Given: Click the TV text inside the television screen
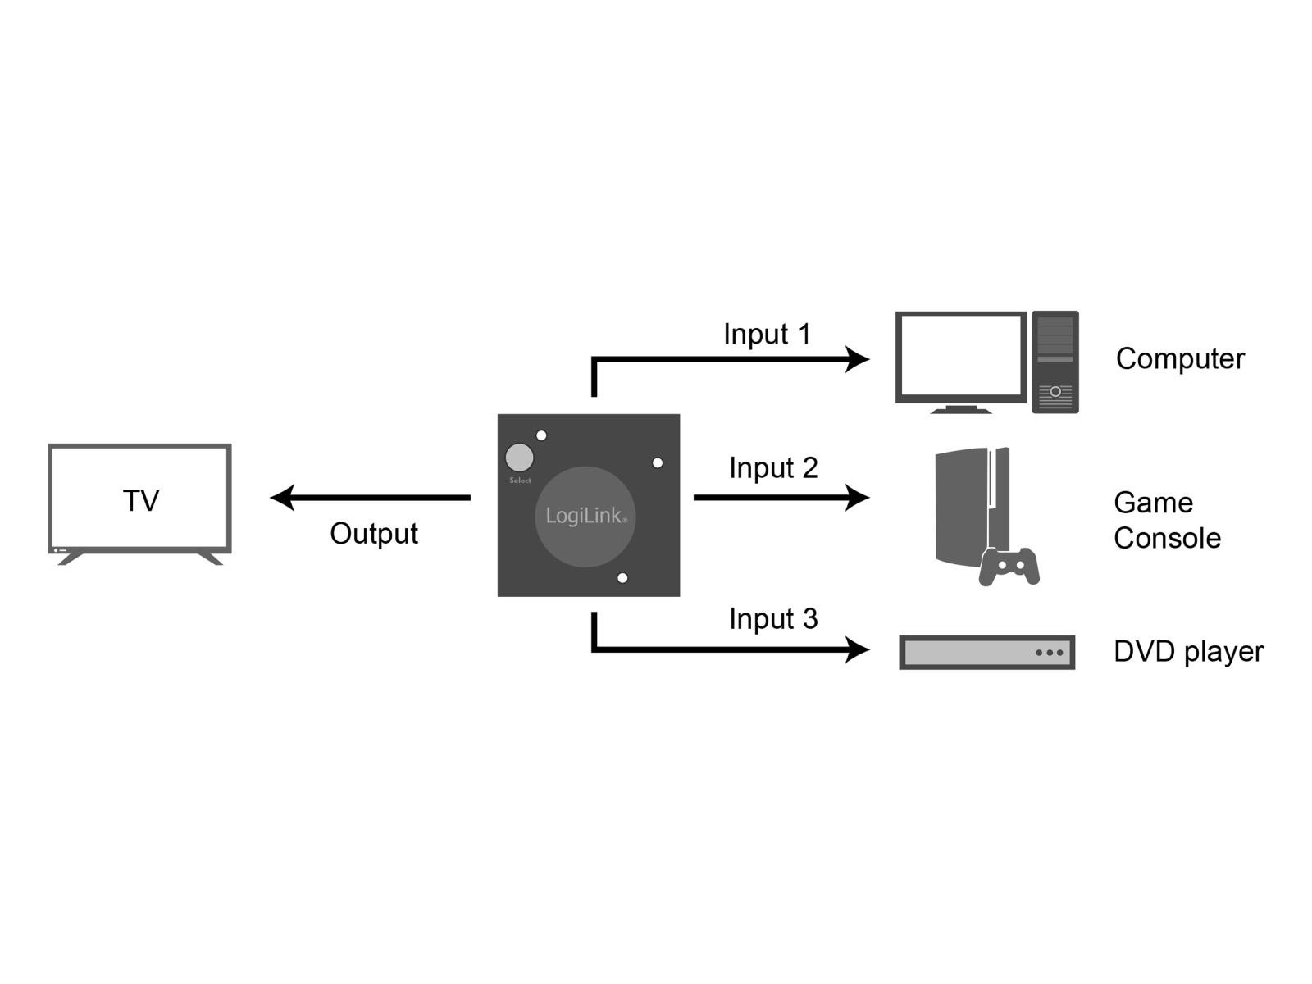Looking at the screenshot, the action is pos(141,501).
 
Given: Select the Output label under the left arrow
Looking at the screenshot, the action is pos(374,534).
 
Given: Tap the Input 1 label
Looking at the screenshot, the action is pos(767,334).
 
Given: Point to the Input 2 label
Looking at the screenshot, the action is pos(773,467).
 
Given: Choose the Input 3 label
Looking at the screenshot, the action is pos(773,619).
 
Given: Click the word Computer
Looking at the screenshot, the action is pos(1180,359).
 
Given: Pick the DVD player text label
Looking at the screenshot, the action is pos(1188,652).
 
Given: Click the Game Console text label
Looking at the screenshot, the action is pos(1167,521).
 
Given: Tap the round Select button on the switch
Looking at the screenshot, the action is pos(519,458).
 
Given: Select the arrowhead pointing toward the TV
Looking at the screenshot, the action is pos(282,498).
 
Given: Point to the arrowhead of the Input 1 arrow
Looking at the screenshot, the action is pos(857,360).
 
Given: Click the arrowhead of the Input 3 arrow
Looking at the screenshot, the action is pos(857,649).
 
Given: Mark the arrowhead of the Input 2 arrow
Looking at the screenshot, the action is pos(857,498).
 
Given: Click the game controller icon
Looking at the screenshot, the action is pos(1009,567).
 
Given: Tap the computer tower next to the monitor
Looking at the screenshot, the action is pos(1055,362).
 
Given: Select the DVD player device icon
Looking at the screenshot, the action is pos(986,653).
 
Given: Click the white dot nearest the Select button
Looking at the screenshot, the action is pos(541,435).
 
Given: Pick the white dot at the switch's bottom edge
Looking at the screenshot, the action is pos(622,578).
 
